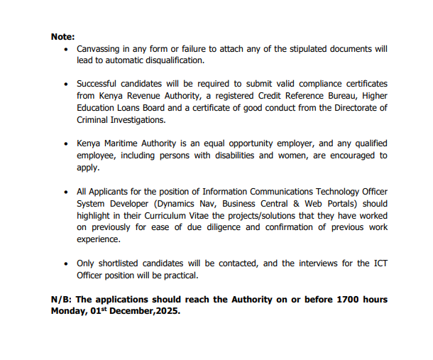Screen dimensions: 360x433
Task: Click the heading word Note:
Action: click(x=62, y=36)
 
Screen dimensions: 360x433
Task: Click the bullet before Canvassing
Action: click(x=66, y=50)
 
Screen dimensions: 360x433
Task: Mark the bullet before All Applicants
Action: click(x=66, y=192)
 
